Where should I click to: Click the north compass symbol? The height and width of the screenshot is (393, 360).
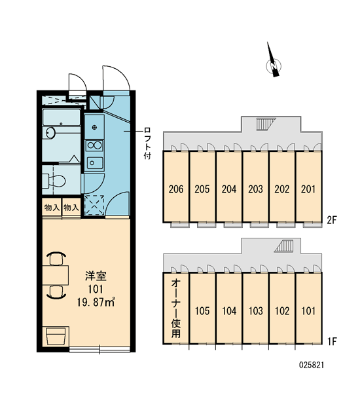click(x=273, y=65)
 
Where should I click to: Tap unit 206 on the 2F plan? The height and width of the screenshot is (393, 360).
click(x=176, y=187)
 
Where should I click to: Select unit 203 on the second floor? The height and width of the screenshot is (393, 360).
click(x=255, y=187)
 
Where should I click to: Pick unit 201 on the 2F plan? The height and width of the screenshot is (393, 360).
click(x=308, y=187)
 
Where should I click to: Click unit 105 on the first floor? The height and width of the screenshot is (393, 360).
click(x=202, y=309)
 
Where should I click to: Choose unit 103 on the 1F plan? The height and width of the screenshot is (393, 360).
click(x=255, y=309)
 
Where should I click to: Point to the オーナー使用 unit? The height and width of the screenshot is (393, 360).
click(x=176, y=309)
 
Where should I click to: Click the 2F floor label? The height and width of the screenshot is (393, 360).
click(x=333, y=220)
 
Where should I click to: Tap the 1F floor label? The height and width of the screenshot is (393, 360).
click(x=333, y=341)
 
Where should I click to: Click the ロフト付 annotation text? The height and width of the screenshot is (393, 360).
click(x=147, y=143)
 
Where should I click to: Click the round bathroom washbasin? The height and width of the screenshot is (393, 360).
click(x=50, y=132)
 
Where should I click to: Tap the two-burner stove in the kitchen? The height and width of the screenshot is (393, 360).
click(x=94, y=145)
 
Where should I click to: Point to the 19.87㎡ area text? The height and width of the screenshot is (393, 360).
click(x=96, y=303)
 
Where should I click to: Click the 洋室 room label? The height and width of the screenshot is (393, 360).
click(x=96, y=276)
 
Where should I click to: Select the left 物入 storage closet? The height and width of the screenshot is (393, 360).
click(x=52, y=208)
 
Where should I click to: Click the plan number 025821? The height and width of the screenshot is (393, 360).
click(x=312, y=365)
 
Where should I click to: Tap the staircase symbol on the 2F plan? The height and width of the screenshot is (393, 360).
click(x=265, y=124)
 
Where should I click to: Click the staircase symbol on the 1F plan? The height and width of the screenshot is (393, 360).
click(x=284, y=246)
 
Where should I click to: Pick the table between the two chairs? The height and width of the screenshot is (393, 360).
click(x=56, y=276)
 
